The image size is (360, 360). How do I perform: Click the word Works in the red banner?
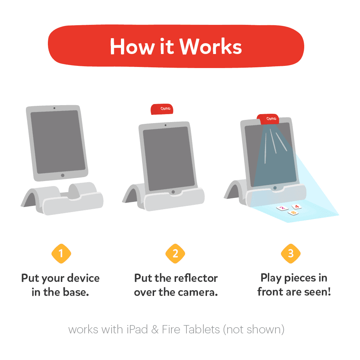(x=211, y=46)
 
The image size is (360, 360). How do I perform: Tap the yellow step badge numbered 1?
(x=61, y=253)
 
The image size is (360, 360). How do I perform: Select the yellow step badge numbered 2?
(x=175, y=253)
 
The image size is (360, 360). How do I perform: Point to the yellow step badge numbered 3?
(x=291, y=253)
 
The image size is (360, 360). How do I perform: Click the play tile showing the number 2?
(x=282, y=208)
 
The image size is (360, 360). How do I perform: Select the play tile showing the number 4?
(x=296, y=206)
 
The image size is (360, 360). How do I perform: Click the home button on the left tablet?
(x=63, y=175)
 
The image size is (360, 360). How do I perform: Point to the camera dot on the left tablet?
(x=54, y=108)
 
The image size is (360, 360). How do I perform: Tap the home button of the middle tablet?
(x=174, y=192)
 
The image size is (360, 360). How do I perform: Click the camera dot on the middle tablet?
(x=165, y=125)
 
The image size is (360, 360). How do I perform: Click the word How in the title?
(x=129, y=46)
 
